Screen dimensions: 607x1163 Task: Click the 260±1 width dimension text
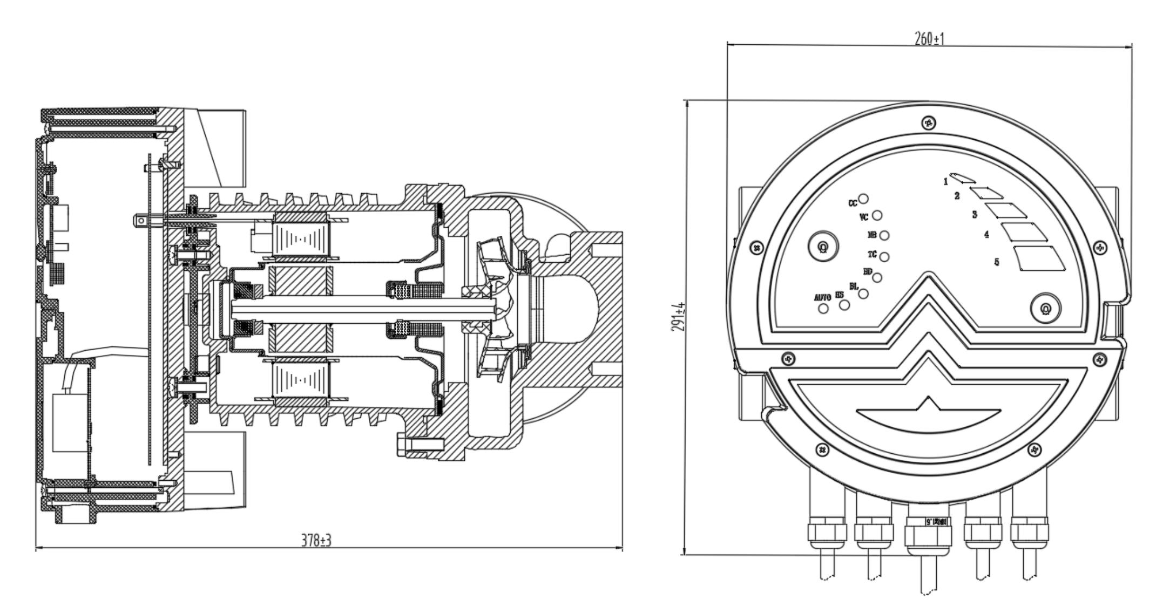(929, 39)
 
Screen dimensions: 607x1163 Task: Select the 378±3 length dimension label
(316, 541)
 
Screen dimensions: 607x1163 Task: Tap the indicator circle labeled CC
(864, 199)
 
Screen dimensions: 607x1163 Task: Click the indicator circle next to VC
(877, 215)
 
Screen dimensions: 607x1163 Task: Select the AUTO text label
(822, 297)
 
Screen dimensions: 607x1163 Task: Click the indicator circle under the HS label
(845, 305)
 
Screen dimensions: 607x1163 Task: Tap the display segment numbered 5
(1040, 258)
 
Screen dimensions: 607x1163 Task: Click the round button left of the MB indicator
(823, 247)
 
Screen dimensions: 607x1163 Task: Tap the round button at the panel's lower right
(1045, 309)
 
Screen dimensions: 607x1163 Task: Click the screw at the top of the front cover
(929, 123)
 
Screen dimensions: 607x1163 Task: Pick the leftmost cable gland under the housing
(827, 534)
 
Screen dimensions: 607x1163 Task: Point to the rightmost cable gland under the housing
(1029, 533)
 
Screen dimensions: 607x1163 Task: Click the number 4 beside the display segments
(986, 235)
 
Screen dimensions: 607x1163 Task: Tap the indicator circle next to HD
(877, 277)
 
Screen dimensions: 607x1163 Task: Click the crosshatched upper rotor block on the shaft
(300, 281)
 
